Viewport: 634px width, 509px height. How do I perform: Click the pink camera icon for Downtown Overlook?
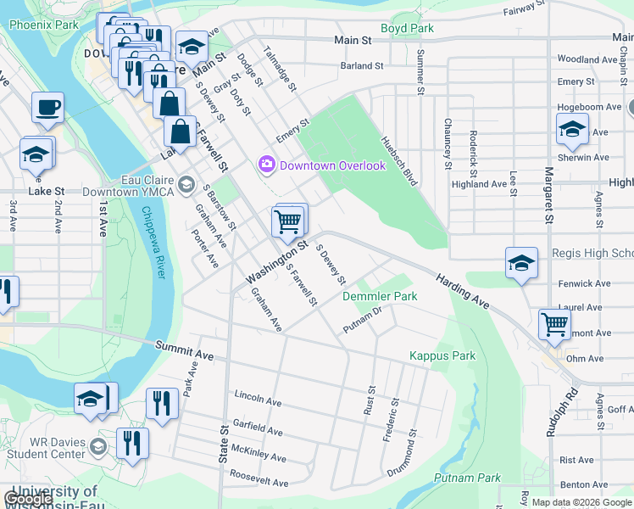click(x=268, y=164)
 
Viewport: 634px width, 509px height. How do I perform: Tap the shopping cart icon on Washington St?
click(x=288, y=221)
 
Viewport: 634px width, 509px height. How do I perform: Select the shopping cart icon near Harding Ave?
click(x=554, y=323)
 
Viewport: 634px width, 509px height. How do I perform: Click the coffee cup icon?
click(x=47, y=108)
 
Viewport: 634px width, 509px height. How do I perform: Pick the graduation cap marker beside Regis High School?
click(x=521, y=262)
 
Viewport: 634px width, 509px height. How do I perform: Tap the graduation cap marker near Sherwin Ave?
click(x=573, y=129)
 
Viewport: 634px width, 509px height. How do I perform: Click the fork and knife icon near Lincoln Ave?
click(x=161, y=402)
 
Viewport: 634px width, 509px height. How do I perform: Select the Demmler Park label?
click(x=380, y=297)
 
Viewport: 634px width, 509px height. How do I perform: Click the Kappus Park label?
click(x=442, y=355)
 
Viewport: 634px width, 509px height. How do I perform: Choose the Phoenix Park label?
click(x=43, y=25)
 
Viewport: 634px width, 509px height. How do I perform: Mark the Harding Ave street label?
click(x=463, y=290)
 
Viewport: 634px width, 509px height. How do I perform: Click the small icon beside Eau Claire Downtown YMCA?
click(x=186, y=184)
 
